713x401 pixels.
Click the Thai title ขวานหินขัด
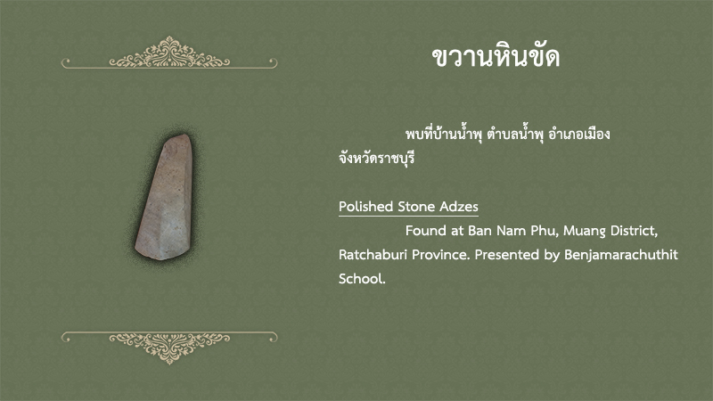pos(496,57)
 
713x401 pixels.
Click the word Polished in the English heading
pos(365,207)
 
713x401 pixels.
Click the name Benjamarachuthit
pos(621,255)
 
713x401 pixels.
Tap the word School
pos(362,279)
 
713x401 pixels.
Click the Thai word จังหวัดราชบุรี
pos(376,159)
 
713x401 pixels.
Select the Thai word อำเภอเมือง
pos(578,135)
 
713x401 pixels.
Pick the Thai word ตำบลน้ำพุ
pos(515,135)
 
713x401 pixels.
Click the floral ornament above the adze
pos(169,53)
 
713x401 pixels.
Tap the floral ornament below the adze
pos(169,348)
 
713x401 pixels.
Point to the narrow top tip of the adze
pos(182,135)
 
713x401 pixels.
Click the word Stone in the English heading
pos(416,207)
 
